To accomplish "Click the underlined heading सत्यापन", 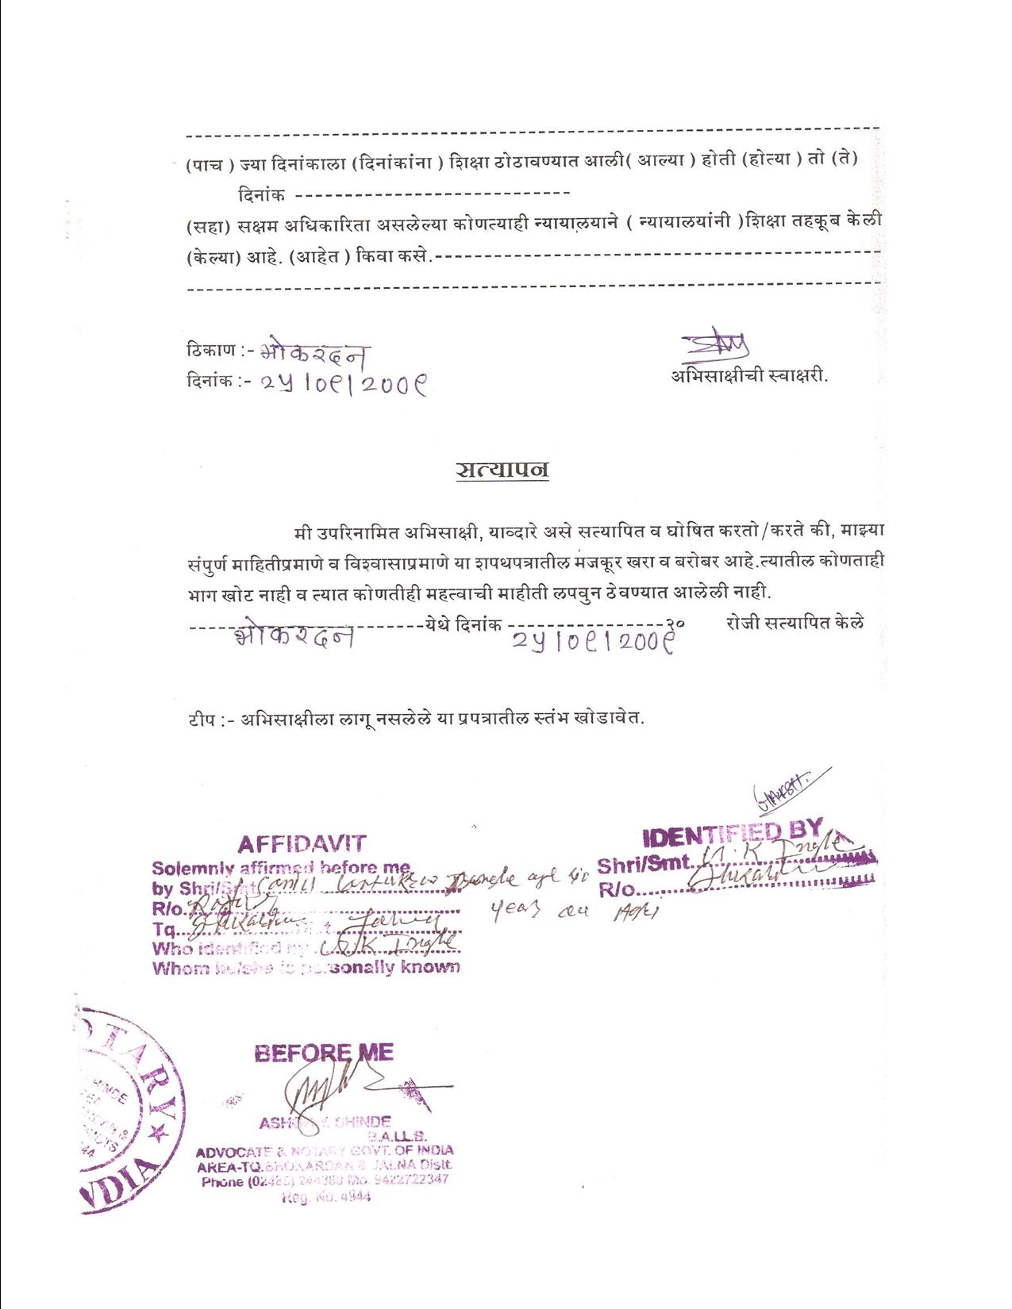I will [502, 469].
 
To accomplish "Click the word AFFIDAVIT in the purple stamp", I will [302, 844].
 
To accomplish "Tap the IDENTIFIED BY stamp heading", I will [732, 833].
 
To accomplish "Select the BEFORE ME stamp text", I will [324, 1053].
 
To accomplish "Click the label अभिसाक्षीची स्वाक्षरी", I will [749, 376].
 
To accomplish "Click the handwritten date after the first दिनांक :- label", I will [344, 384].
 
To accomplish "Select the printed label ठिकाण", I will [211, 349].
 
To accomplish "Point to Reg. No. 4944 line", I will [325, 1197].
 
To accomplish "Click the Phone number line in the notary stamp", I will [325, 1180].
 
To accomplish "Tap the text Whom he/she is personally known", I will [306, 968].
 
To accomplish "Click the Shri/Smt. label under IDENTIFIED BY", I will [644, 865].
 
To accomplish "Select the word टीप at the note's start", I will [202, 719].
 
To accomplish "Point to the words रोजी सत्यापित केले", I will [795, 623].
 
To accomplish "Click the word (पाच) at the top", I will [210, 165].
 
